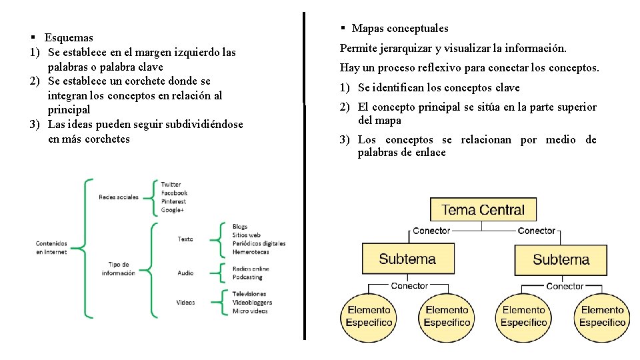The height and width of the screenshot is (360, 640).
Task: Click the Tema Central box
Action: click(x=483, y=209)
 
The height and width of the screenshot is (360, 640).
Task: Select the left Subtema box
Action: click(x=407, y=259)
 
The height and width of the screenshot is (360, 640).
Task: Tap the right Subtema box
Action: click(x=561, y=259)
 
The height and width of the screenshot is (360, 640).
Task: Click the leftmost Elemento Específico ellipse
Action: click(x=369, y=316)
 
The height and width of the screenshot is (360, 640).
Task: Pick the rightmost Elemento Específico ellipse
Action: click(x=603, y=316)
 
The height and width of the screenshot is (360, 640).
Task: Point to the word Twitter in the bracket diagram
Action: click(x=171, y=185)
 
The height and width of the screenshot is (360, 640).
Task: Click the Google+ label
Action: click(x=172, y=210)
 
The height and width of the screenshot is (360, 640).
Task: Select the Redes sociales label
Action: click(x=119, y=197)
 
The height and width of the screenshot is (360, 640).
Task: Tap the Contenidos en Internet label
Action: click(x=51, y=247)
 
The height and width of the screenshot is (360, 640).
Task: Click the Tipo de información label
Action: click(x=119, y=269)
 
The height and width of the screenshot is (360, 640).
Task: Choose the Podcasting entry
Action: click(x=247, y=277)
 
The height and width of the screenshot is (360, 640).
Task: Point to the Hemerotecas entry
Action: click(x=251, y=252)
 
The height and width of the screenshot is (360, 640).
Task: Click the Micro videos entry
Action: click(x=250, y=311)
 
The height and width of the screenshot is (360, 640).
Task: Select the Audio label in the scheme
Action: click(x=185, y=273)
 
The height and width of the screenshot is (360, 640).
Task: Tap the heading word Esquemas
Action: click(x=69, y=38)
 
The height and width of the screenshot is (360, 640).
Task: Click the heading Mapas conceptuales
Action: click(x=400, y=29)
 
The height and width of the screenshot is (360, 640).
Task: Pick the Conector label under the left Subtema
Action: click(x=409, y=286)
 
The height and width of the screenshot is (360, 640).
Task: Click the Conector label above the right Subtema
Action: click(x=537, y=231)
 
